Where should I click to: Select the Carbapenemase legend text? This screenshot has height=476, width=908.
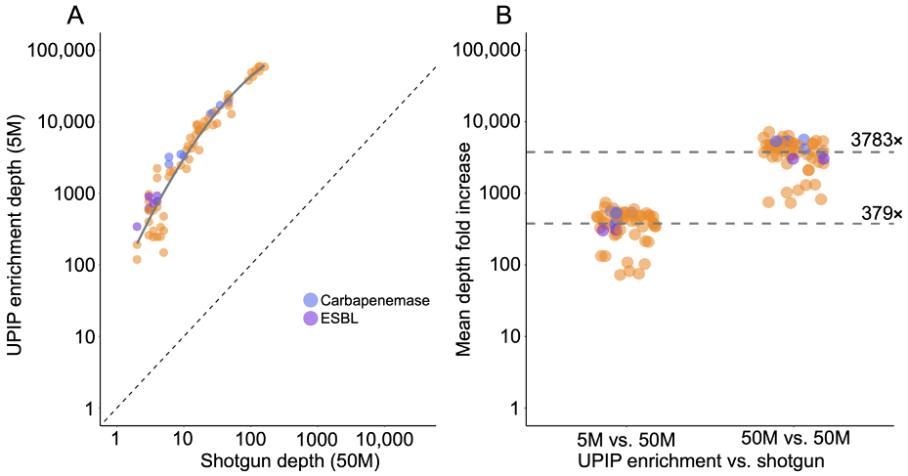374,301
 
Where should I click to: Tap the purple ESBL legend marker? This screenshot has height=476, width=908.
311,319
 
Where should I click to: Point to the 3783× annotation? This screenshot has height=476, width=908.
876,141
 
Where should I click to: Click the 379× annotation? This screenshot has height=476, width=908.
882,213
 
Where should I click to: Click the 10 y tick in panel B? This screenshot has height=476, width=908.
506,336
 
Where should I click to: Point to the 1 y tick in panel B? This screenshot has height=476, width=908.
511,408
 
